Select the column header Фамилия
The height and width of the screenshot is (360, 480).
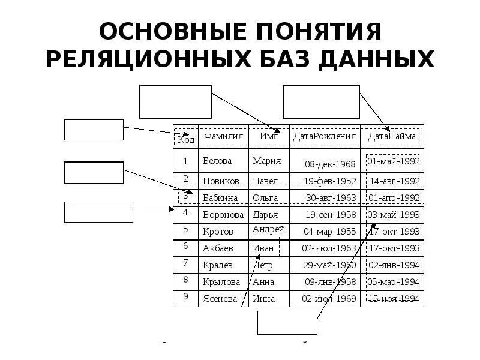click(223, 136)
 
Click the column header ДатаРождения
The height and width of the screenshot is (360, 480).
click(325, 136)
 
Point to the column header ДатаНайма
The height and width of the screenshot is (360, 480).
click(392, 136)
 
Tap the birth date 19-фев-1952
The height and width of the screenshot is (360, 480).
click(330, 181)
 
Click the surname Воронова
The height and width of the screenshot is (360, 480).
click(224, 214)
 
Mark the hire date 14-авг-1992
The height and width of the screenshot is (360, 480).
click(394, 181)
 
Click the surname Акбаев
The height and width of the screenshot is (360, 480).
click(218, 248)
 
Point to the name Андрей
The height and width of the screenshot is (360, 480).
click(268, 230)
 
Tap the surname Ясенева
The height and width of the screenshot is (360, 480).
click(220, 298)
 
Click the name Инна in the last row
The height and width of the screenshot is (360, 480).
click(263, 298)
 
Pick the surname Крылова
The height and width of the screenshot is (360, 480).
click(221, 281)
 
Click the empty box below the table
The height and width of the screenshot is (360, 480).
click(287, 322)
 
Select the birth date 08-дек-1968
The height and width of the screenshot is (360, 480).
click(330, 164)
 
